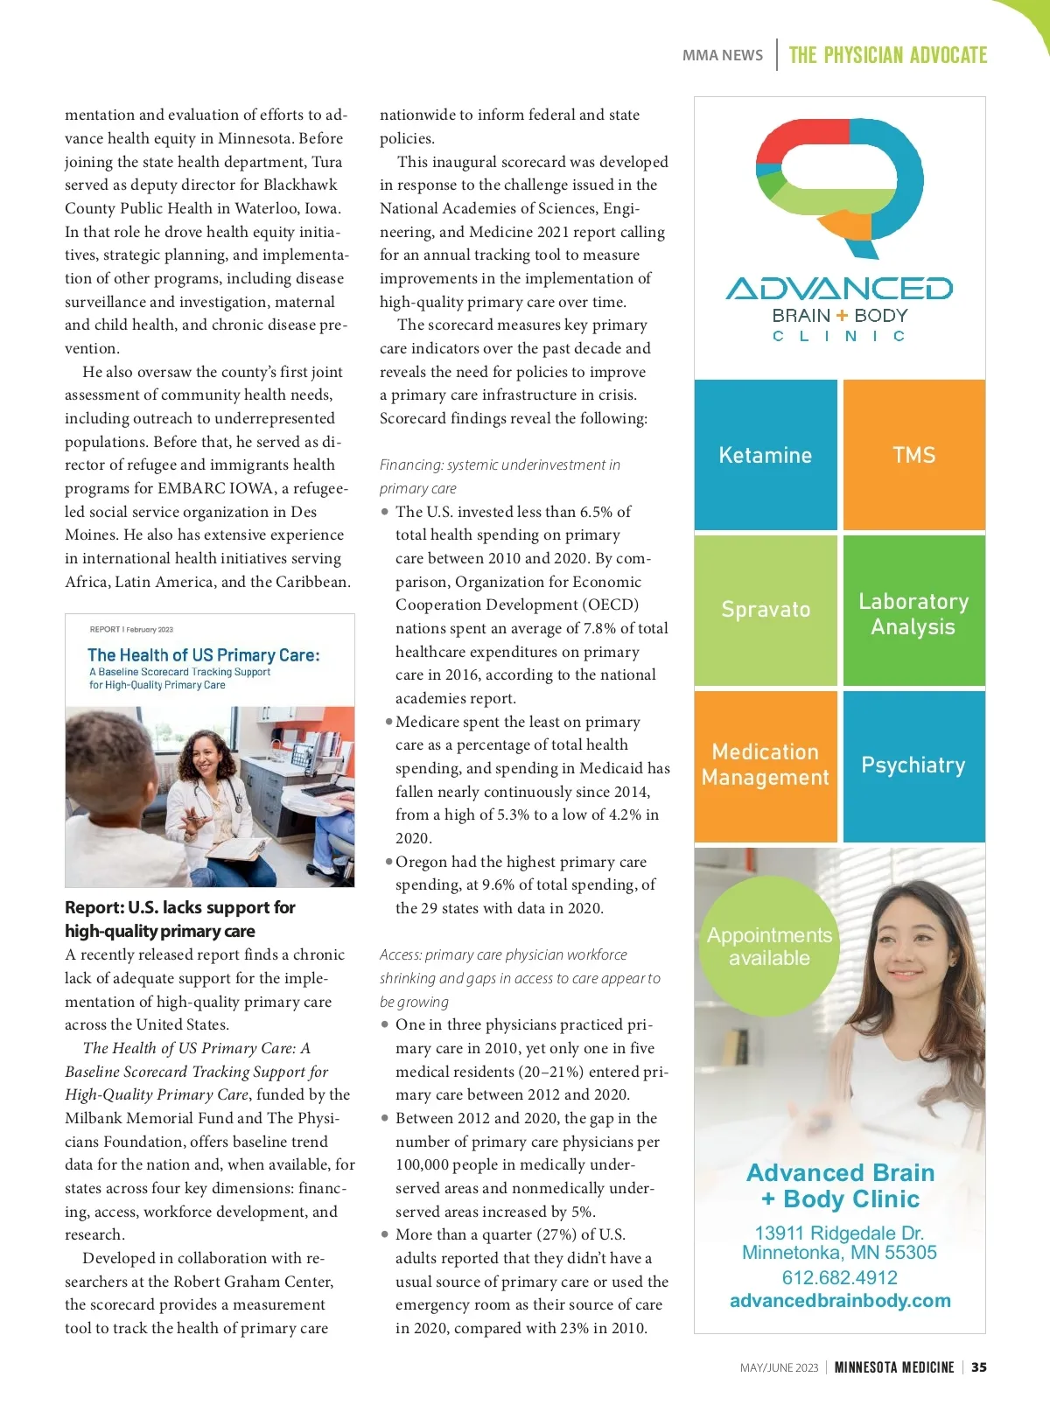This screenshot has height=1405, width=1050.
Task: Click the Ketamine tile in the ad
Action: click(766, 455)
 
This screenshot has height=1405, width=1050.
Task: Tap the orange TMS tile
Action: click(913, 455)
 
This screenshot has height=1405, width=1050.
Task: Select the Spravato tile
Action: click(766, 610)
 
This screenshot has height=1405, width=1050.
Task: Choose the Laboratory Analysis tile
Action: click(913, 613)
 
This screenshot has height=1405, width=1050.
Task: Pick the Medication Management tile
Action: click(766, 765)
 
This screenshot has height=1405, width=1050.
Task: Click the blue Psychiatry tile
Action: click(913, 765)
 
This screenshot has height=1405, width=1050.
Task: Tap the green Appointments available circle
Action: click(769, 946)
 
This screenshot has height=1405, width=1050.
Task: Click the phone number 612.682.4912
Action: click(839, 1277)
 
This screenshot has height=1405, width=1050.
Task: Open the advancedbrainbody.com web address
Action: click(840, 1301)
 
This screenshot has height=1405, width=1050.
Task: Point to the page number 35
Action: click(979, 1367)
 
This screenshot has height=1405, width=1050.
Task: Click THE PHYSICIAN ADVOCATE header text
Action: click(887, 55)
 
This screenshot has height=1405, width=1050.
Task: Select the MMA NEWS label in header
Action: click(722, 55)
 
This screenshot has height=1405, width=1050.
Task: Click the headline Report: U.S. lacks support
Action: click(180, 919)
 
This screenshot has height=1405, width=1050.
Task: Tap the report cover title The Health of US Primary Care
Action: click(204, 655)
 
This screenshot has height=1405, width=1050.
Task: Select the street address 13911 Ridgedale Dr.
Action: click(839, 1233)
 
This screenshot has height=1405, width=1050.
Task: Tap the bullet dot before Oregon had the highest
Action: click(388, 862)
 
